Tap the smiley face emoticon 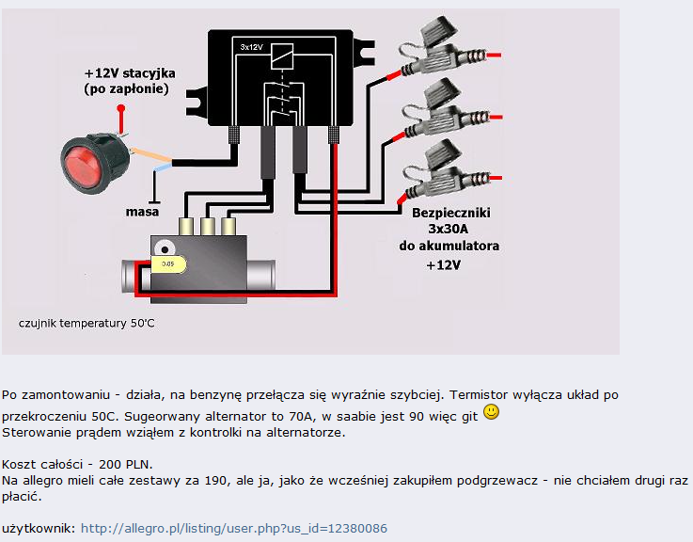tap(491, 413)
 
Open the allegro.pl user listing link tap(233, 529)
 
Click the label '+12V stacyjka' tap(130, 72)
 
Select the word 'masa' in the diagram tap(143, 212)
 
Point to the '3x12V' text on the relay tap(251, 45)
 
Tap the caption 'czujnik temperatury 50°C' tap(87, 324)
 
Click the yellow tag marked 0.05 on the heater tap(170, 264)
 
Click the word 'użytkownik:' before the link tap(38, 529)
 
